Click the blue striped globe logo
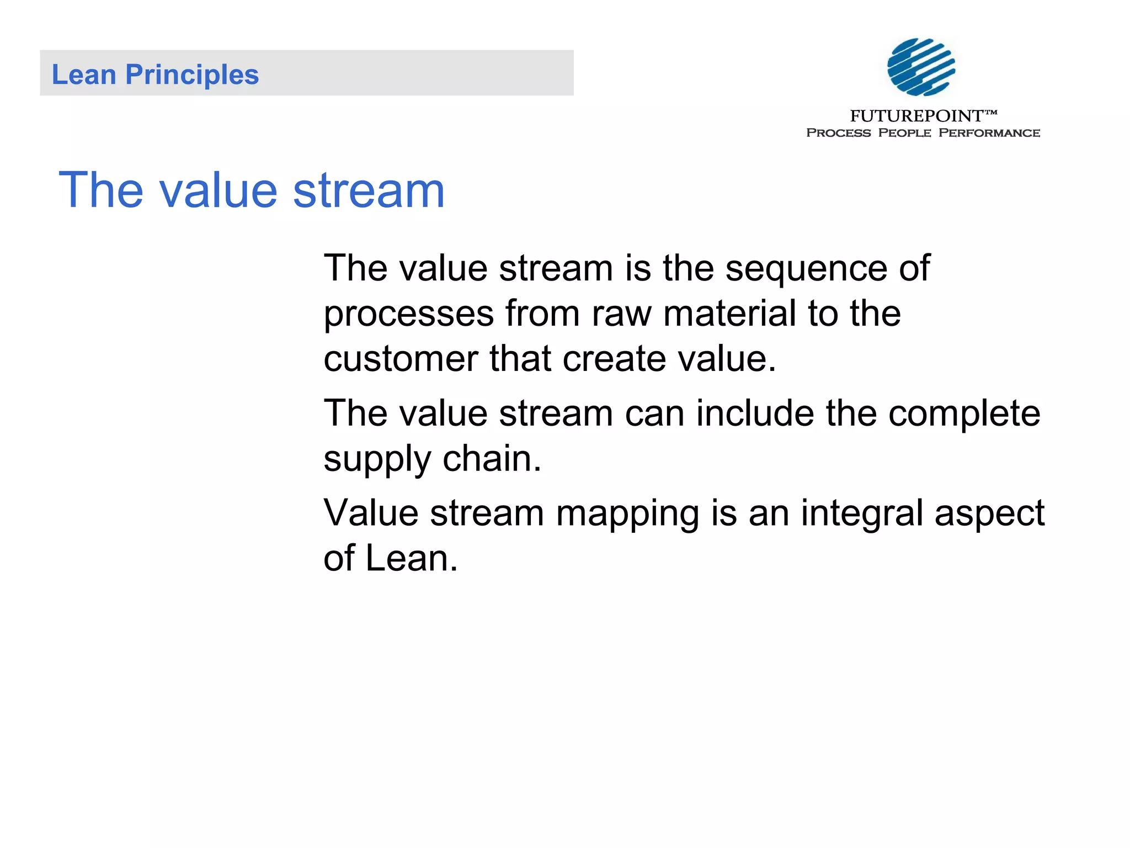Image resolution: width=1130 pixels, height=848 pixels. [921, 67]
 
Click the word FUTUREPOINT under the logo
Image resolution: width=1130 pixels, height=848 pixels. [916, 116]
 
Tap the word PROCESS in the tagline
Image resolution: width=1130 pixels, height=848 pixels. [838, 133]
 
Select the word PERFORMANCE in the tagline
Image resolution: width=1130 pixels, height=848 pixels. [989, 133]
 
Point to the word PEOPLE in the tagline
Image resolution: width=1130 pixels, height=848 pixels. [904, 133]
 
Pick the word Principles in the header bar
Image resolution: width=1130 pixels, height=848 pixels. [192, 75]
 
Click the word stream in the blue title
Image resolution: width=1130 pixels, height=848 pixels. [369, 190]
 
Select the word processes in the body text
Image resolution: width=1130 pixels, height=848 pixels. [408, 314]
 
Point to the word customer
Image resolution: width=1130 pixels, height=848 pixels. [401, 359]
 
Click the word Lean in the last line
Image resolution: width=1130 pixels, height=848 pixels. [412, 558]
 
